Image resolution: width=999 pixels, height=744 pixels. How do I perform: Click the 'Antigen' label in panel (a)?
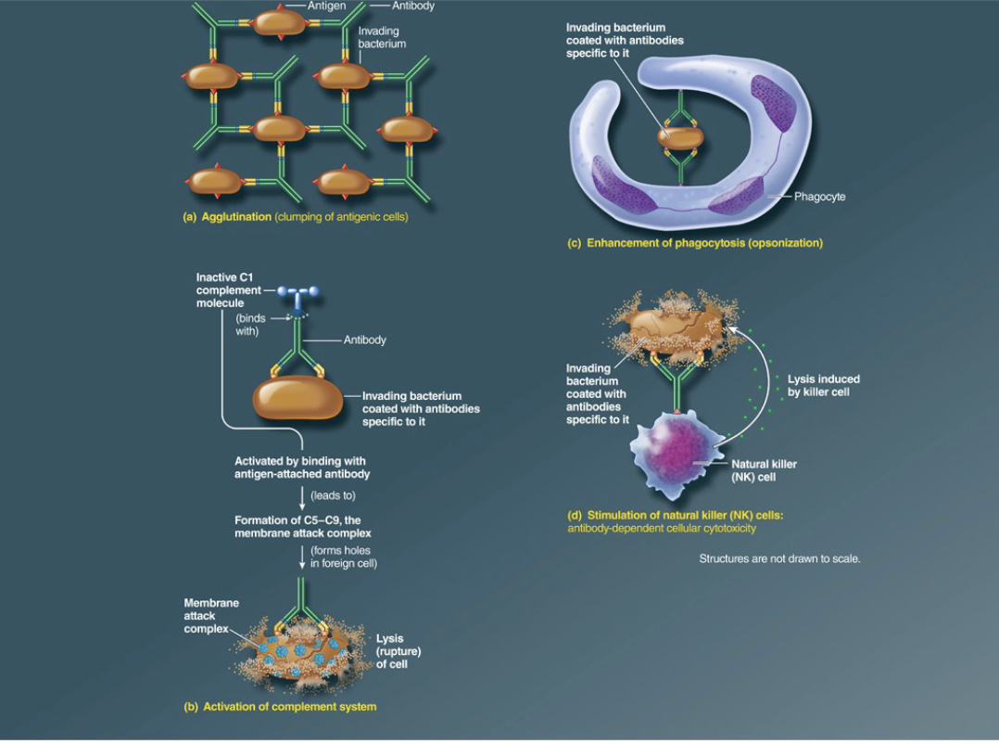[x=325, y=6]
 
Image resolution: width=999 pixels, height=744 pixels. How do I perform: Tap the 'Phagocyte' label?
[x=819, y=197]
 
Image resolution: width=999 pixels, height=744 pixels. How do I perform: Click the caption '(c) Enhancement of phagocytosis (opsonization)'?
[x=694, y=243]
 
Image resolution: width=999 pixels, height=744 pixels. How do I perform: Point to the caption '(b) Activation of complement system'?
[x=280, y=707]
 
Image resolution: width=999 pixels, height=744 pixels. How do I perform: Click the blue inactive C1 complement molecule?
[x=295, y=293]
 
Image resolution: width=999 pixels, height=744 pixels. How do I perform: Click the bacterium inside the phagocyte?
[x=681, y=137]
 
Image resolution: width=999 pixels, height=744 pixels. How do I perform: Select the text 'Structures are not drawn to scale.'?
[x=779, y=559]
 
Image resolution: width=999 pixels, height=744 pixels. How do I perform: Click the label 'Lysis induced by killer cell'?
[x=823, y=385]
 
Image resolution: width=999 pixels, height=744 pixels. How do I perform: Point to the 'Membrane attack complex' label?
[x=210, y=616]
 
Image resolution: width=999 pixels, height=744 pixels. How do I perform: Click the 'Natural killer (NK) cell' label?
[x=764, y=470]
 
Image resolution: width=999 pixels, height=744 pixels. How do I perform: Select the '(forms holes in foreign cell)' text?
[x=343, y=557]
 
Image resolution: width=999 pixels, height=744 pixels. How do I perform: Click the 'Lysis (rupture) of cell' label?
[x=391, y=651]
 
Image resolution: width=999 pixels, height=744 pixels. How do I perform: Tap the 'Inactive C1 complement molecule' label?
[x=228, y=290]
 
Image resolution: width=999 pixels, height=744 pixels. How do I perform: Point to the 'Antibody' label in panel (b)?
[x=364, y=340]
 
